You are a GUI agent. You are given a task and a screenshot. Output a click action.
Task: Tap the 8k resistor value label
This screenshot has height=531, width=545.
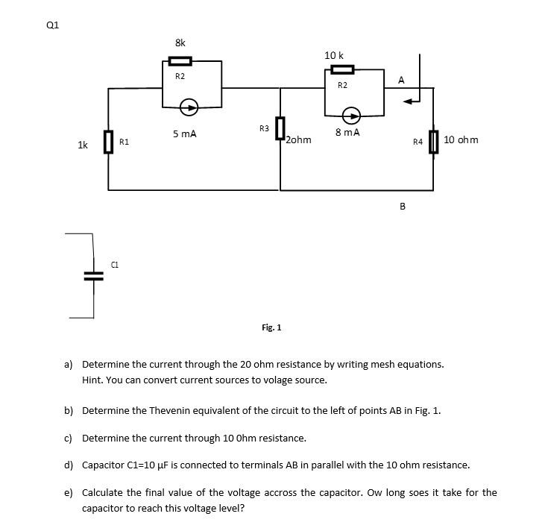coord(180,43)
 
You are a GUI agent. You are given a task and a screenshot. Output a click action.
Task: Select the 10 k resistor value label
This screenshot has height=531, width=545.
coord(334,55)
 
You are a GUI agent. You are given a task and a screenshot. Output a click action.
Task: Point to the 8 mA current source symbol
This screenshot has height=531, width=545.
coord(351,116)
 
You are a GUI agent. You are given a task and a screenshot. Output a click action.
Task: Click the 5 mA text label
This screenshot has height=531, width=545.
coord(184,134)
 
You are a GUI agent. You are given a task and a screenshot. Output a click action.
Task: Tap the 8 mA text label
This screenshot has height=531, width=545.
coord(347,133)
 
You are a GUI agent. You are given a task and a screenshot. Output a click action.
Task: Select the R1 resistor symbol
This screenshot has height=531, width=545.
coord(108,142)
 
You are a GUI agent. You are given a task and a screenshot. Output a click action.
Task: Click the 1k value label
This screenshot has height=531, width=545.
coord(83,145)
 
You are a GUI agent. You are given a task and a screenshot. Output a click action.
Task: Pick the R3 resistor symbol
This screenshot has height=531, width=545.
coord(280,128)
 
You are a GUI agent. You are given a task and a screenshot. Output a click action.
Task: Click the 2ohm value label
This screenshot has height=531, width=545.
coord(299,139)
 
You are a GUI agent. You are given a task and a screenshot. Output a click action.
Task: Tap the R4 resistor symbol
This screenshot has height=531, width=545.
coord(433,142)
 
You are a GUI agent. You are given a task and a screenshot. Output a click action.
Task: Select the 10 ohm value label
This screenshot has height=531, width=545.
coord(461,139)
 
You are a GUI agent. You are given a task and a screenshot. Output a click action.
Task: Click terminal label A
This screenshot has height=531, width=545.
coord(401,80)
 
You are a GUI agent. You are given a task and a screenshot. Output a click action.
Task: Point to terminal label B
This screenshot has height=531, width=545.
coord(403,206)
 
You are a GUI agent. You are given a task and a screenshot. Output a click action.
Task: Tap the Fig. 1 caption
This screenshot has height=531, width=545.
coord(271,327)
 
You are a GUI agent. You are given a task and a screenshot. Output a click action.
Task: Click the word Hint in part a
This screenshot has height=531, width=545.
coord(92,380)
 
